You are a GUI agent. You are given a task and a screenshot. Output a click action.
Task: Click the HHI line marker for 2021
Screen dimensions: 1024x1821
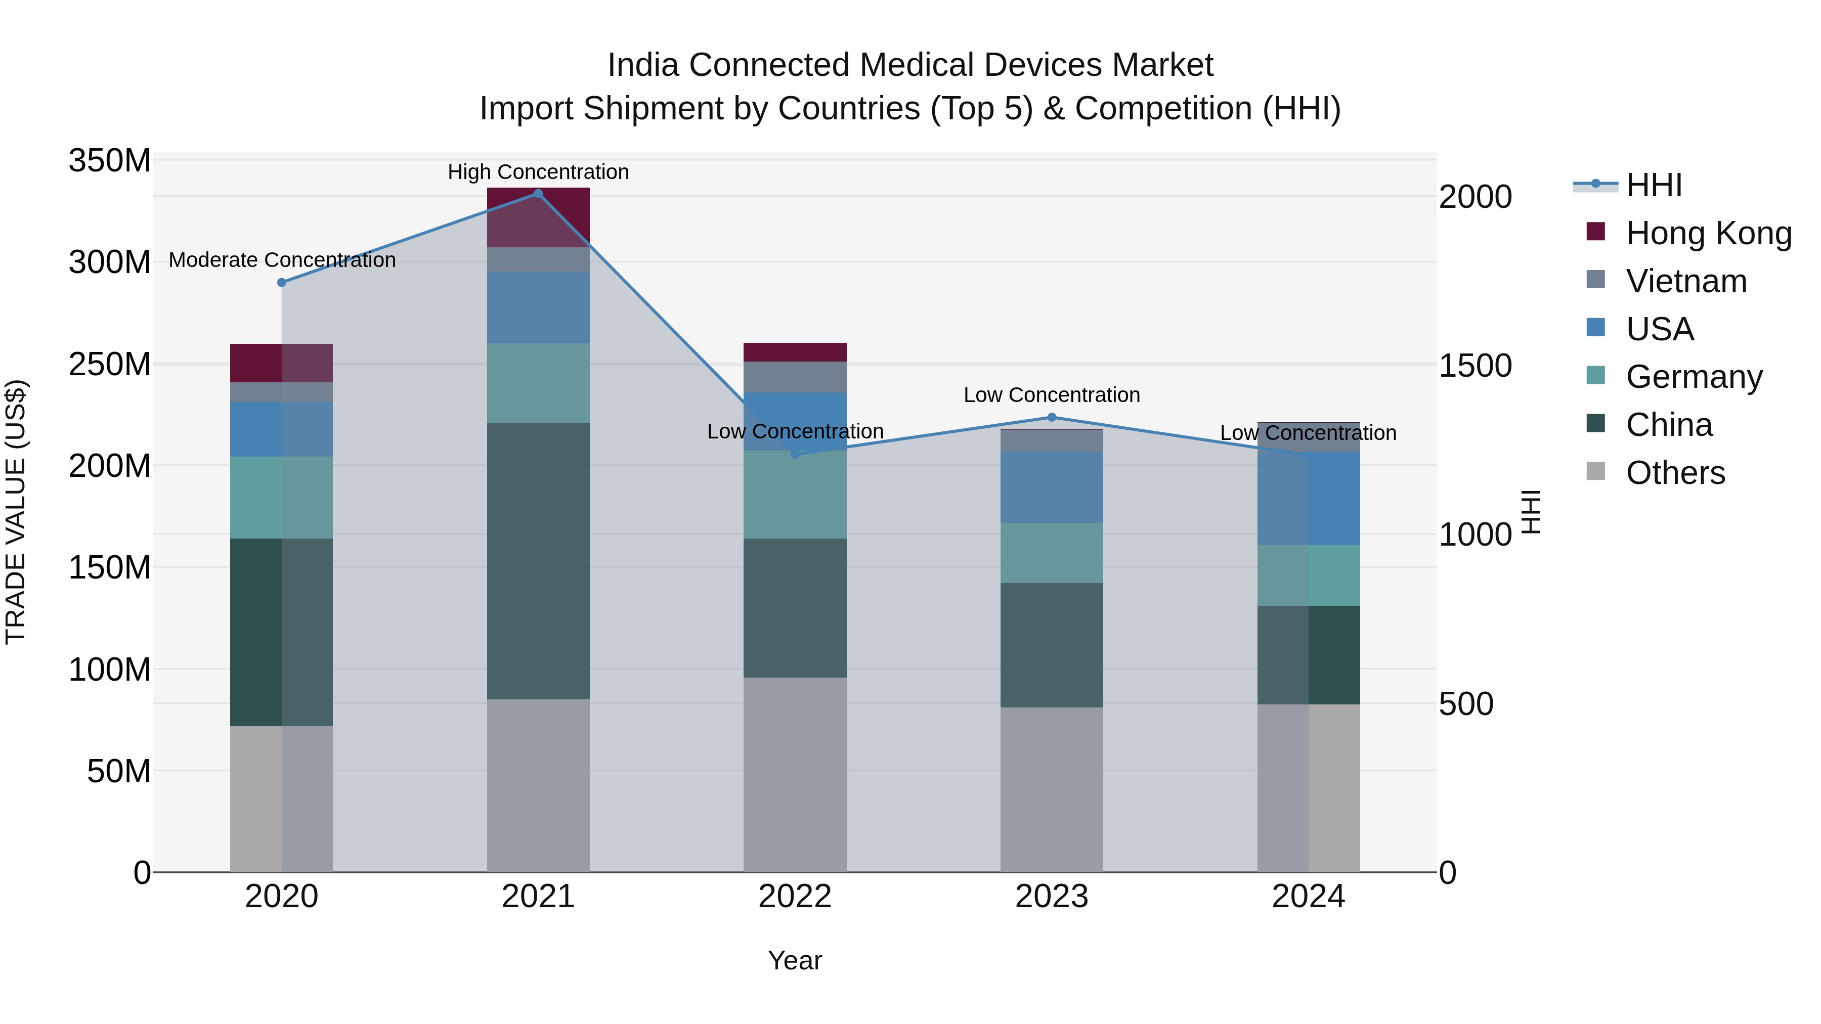click(538, 194)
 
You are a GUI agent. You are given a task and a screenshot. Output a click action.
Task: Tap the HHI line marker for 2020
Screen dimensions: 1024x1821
click(281, 283)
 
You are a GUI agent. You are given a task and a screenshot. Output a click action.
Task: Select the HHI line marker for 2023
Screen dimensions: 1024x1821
click(1051, 418)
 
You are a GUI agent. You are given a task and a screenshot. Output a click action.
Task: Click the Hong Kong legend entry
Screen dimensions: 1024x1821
click(1709, 233)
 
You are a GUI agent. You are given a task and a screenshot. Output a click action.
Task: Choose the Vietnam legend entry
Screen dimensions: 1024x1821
click(1686, 281)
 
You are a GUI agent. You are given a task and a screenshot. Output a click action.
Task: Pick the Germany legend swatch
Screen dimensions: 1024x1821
click(1595, 375)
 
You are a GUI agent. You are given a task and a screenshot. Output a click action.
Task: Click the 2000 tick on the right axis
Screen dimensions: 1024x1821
click(1476, 197)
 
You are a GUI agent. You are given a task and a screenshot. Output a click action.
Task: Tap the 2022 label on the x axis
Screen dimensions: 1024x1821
click(795, 897)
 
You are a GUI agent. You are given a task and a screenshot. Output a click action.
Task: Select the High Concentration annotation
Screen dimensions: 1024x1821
click(538, 172)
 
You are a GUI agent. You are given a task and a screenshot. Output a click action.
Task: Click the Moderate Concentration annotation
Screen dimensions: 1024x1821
click(282, 260)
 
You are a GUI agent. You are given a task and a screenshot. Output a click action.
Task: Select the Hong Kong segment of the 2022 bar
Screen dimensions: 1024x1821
click(795, 352)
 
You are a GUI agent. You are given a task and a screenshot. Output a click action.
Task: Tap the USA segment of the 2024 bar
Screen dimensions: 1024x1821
click(1309, 498)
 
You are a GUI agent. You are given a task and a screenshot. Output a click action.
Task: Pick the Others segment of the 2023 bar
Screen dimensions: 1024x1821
click(1051, 789)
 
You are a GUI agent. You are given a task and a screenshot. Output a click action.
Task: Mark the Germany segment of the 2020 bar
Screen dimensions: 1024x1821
click(281, 498)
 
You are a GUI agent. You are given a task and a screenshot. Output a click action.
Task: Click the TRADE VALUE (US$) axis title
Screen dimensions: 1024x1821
click(16, 512)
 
